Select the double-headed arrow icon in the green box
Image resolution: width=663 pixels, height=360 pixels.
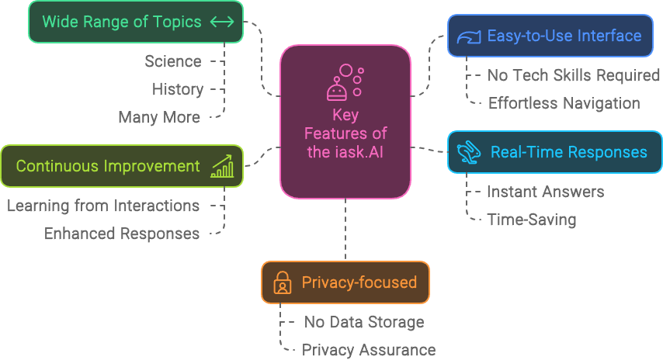(x=222, y=22)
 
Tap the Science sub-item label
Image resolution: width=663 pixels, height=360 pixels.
(x=173, y=61)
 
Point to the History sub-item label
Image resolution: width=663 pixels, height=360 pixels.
(x=178, y=89)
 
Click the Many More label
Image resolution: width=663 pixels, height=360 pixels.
(x=159, y=118)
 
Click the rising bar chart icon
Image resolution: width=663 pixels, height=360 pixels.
(x=222, y=166)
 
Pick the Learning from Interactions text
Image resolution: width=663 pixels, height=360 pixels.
(x=103, y=206)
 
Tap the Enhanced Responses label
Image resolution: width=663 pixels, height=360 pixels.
(x=122, y=234)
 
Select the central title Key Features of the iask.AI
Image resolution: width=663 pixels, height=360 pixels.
(x=345, y=133)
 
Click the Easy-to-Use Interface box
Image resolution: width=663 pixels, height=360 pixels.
(x=550, y=36)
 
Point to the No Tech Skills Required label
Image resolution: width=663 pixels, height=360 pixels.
(x=574, y=75)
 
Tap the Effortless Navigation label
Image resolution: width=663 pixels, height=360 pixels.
(x=564, y=103)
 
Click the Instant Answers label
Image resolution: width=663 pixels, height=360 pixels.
(x=545, y=192)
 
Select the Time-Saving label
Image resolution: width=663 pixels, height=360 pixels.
(x=531, y=220)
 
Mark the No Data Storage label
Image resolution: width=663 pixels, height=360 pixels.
(x=363, y=322)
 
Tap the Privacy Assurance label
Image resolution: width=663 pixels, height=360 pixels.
(x=369, y=350)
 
